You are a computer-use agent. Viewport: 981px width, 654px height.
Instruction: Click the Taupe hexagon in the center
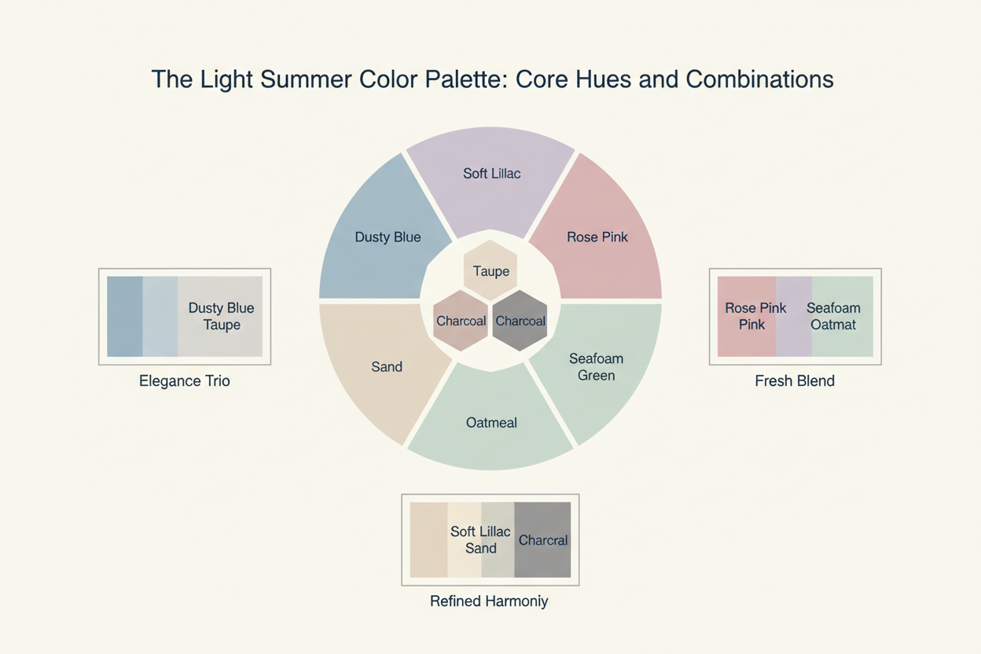tap(490, 270)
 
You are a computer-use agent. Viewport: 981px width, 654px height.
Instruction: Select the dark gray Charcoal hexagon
tap(520, 321)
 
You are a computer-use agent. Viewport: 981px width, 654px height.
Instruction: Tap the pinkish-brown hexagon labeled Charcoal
tap(461, 321)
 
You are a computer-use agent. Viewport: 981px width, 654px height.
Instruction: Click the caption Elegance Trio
tap(185, 381)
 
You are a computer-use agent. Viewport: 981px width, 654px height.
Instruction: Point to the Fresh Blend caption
tap(795, 381)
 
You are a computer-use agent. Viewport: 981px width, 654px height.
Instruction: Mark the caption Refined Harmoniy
tap(489, 601)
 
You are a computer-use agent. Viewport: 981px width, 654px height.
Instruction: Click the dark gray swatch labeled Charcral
tap(542, 540)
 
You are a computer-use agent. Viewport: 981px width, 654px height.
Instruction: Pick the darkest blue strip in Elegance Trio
tap(124, 316)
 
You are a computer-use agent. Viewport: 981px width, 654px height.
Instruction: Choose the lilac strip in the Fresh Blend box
tap(793, 316)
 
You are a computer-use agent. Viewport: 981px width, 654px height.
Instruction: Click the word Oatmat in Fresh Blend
tap(833, 324)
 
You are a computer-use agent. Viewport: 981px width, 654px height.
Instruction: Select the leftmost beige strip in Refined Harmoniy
tap(428, 540)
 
